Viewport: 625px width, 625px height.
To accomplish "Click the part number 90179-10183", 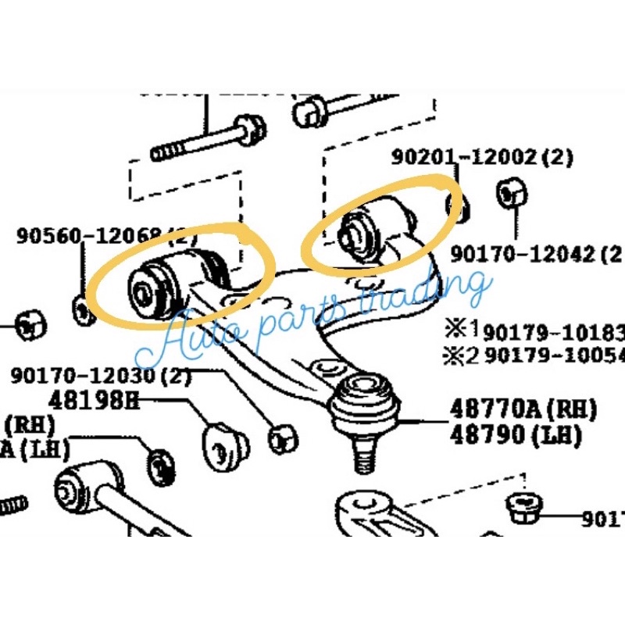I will [552, 332].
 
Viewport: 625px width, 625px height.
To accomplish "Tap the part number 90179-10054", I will [552, 355].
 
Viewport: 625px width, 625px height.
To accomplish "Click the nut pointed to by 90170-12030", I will [282, 439].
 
